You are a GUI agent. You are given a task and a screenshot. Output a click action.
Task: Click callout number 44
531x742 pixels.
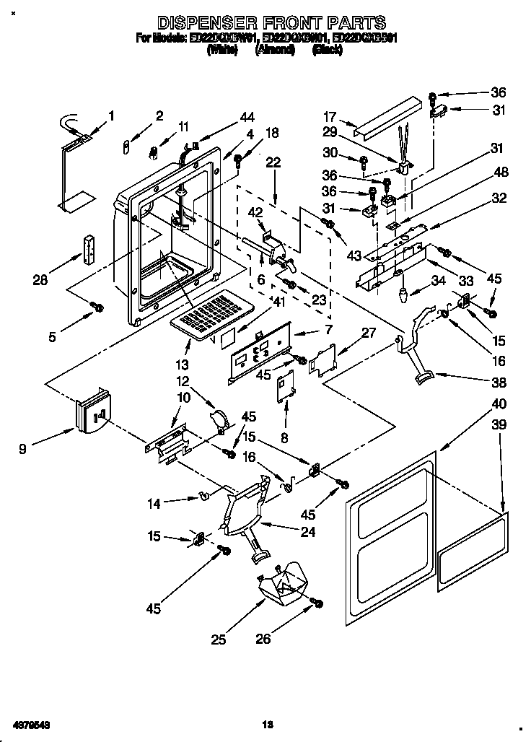pos(247,118)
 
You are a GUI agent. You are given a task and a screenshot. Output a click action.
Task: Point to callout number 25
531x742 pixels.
pos(219,638)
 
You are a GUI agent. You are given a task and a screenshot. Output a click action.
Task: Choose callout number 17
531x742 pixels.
pos(330,115)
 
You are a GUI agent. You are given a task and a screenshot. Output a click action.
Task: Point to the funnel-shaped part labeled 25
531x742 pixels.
pos(282,584)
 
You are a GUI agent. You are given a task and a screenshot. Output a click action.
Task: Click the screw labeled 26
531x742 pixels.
pos(315,602)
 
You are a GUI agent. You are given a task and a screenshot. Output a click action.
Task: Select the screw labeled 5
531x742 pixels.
pos(95,308)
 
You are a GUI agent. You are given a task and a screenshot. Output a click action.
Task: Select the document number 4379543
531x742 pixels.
pos(30,723)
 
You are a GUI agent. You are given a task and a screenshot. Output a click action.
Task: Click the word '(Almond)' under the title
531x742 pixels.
pos(275,51)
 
